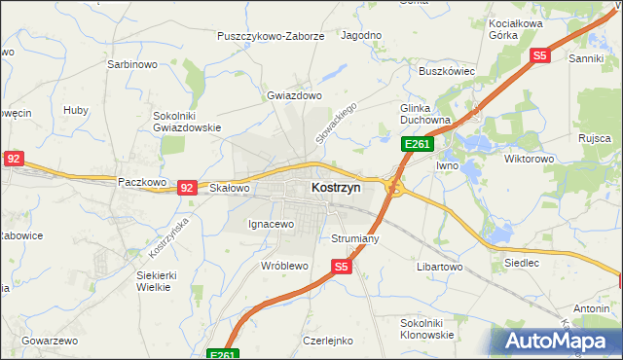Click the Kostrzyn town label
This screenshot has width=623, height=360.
[336, 186]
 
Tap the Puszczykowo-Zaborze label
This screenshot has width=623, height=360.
[271, 36]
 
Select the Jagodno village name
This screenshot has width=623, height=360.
[361, 35]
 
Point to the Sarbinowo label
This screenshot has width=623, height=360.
[131, 65]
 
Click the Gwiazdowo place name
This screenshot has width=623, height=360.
[294, 96]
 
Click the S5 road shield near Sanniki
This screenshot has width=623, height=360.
[540, 56]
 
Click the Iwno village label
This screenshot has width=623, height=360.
[447, 165]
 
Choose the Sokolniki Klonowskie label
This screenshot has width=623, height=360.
[427, 328]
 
